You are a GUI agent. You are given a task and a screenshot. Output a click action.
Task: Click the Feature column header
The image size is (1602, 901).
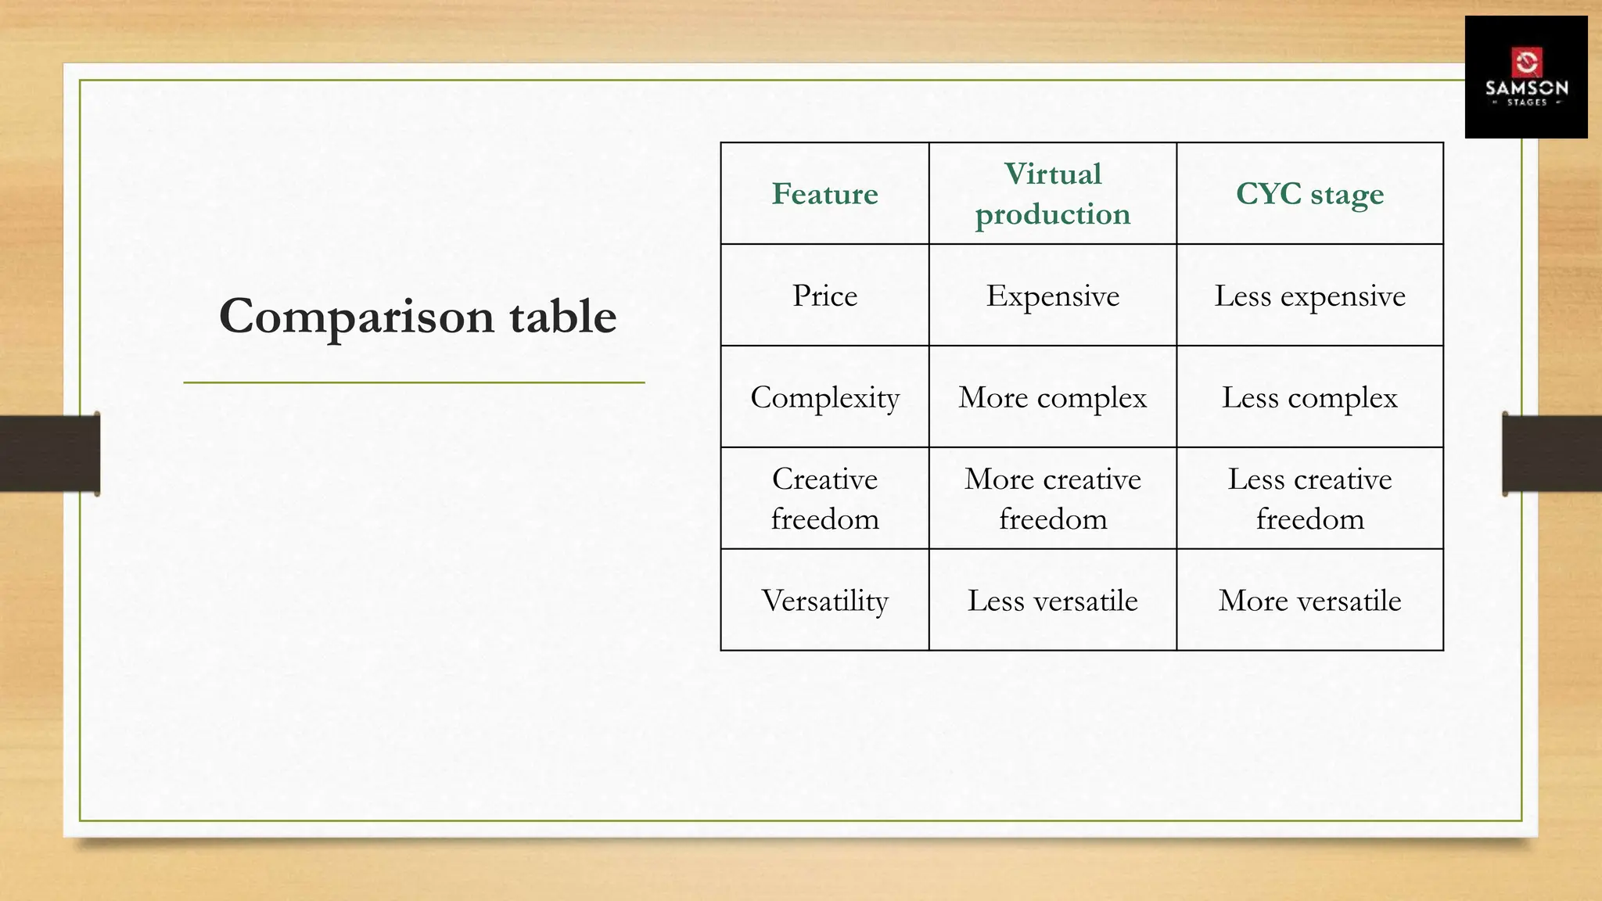(x=824, y=194)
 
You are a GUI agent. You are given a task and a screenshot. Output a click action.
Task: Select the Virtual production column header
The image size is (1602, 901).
(x=1052, y=194)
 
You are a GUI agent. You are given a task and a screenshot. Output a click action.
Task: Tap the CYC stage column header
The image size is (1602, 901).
(x=1309, y=194)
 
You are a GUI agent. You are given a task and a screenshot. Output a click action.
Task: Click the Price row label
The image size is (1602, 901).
(x=824, y=296)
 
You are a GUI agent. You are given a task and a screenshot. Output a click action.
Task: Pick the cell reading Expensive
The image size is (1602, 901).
(x=1052, y=296)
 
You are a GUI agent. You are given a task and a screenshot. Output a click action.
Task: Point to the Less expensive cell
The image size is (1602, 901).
(x=1309, y=296)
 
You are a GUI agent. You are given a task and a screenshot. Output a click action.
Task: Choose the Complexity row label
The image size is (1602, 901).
(x=824, y=397)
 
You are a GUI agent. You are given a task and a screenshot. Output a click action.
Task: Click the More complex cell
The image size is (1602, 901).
(x=1052, y=397)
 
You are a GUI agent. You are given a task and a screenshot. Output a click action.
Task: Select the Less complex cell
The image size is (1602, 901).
(x=1309, y=397)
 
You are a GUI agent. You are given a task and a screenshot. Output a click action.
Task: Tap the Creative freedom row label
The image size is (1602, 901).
(x=824, y=499)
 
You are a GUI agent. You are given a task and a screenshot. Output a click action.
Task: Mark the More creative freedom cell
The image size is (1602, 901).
(x=1052, y=499)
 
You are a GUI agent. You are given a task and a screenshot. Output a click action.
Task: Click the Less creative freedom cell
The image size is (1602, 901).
(x=1309, y=499)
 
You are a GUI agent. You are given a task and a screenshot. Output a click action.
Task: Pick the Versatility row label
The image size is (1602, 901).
(x=824, y=601)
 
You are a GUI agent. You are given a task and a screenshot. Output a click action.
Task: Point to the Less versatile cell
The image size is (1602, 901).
(x=1052, y=601)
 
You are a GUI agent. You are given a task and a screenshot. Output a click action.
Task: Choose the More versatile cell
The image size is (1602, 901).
(x=1309, y=601)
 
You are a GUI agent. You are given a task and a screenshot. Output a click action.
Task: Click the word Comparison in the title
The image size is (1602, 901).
(x=356, y=317)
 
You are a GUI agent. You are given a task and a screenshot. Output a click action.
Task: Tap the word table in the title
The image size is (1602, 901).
(x=562, y=317)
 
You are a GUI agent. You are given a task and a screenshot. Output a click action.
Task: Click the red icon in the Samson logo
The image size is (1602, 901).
(x=1526, y=62)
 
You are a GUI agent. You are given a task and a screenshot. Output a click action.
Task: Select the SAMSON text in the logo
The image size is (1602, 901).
(x=1526, y=88)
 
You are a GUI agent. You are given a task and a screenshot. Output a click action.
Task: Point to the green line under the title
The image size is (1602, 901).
(x=414, y=382)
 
